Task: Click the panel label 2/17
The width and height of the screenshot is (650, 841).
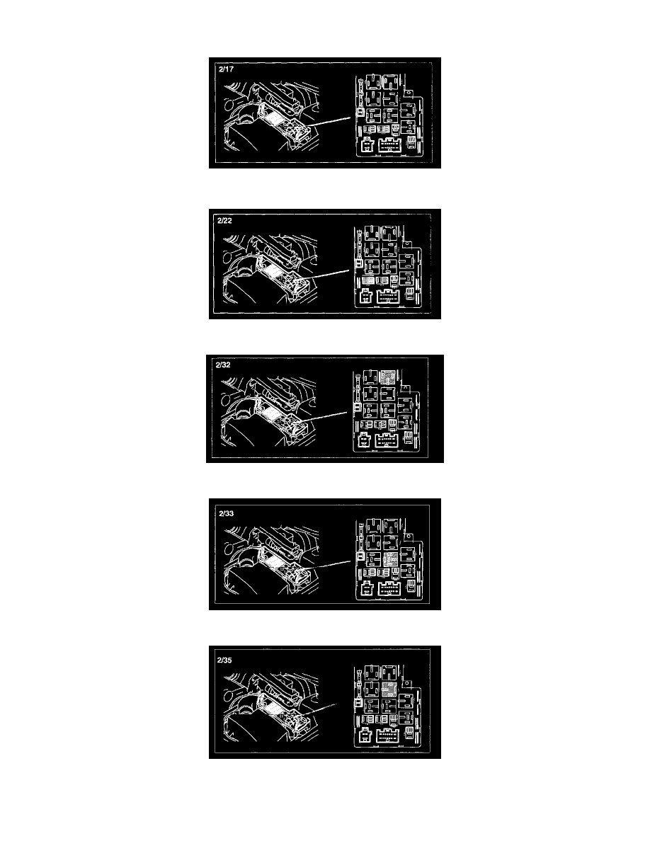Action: coord(226,69)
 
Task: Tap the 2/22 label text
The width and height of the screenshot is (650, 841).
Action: coord(224,220)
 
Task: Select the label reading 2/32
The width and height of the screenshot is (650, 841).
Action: coord(223,365)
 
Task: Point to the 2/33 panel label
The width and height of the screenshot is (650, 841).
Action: coord(227,513)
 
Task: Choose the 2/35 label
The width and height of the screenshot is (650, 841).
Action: coord(224,660)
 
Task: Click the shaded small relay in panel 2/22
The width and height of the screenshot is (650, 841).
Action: coord(368,280)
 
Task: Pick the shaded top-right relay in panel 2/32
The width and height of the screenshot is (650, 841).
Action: coord(388,377)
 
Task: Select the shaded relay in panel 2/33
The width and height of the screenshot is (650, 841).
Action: coord(390,559)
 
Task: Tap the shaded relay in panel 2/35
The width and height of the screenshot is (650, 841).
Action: coord(389,690)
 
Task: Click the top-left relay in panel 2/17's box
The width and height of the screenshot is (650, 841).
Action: coord(372,82)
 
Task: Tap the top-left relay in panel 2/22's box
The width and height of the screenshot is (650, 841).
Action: coord(372,233)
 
